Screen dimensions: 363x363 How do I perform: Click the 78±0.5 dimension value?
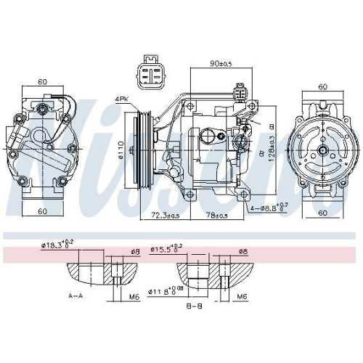point(216,216)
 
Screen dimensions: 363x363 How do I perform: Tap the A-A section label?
point(75,296)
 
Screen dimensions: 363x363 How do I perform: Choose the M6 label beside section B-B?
point(242,296)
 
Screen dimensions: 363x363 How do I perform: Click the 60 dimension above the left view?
point(43,82)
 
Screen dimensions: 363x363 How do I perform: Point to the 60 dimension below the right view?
point(322,213)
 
